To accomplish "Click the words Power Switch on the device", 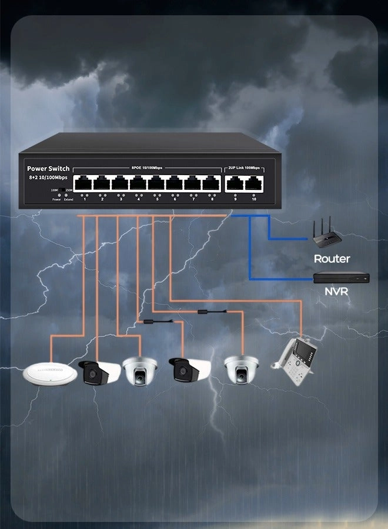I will coord(48,169).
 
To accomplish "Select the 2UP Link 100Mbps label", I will coord(244,168).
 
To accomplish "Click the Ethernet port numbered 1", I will coord(84,183).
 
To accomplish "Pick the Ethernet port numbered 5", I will coord(157,183).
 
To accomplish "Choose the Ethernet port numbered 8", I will coord(212,183).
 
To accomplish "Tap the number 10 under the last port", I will coord(254,200).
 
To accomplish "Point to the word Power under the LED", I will coord(56,200).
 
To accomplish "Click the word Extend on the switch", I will coord(69,200).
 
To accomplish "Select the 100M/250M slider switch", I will coord(62,190).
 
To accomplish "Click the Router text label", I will coord(332,259).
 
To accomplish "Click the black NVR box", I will coord(340,276).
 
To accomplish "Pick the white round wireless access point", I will coord(51,374).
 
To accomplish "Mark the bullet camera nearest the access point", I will coord(98,371).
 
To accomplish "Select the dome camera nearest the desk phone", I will coord(241,369).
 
